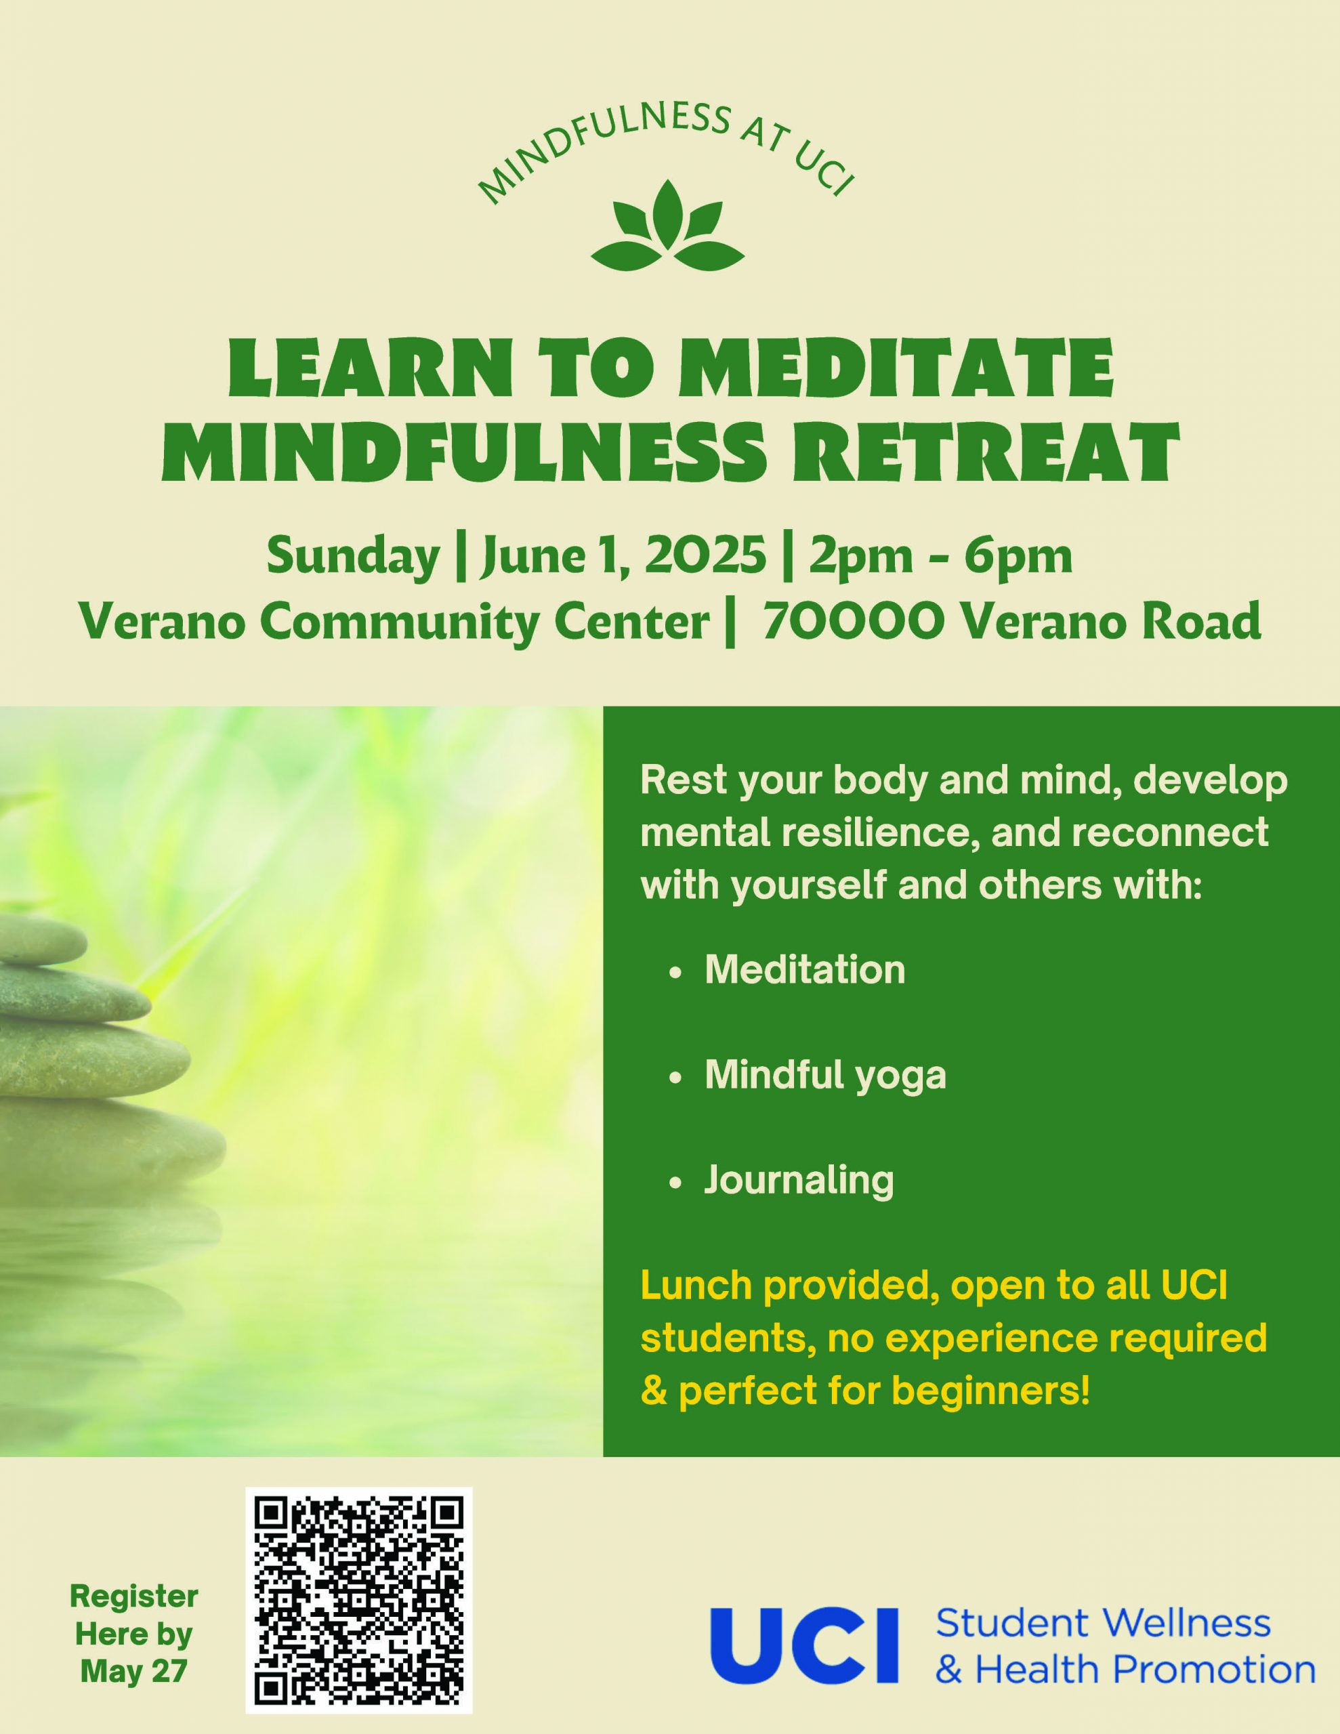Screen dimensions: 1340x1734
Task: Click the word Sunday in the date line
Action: point(353,557)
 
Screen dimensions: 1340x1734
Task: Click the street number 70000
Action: point(854,622)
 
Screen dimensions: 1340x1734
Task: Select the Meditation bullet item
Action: point(805,970)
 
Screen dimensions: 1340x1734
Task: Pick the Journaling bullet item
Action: point(799,1181)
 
